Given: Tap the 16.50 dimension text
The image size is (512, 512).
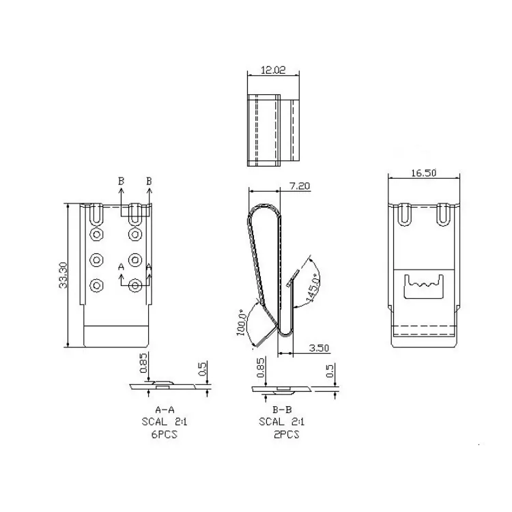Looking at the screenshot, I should [423, 173].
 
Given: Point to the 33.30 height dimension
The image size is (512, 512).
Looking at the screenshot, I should [63, 275].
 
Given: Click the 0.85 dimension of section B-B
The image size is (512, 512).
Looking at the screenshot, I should [261, 368].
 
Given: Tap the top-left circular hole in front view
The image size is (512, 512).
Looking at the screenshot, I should [97, 236].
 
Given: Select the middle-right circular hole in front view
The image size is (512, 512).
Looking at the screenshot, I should [135, 260].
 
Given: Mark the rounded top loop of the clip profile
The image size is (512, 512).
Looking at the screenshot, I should [263, 208].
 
